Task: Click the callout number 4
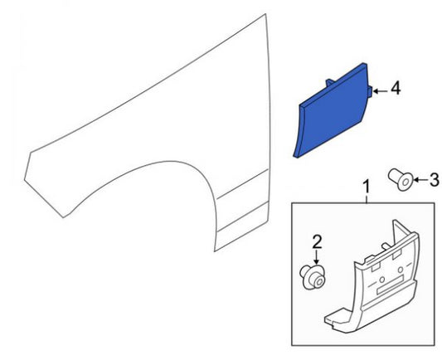click(396, 88)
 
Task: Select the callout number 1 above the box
click(367, 187)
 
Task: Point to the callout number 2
click(317, 242)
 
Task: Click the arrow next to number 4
click(381, 91)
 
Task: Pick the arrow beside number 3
click(421, 179)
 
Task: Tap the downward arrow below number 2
click(317, 257)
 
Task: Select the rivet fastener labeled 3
click(401, 179)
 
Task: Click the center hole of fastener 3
click(406, 182)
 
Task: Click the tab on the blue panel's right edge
click(371, 91)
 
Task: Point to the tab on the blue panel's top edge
click(330, 82)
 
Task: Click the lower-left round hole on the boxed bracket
click(382, 280)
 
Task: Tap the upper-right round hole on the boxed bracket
click(400, 270)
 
